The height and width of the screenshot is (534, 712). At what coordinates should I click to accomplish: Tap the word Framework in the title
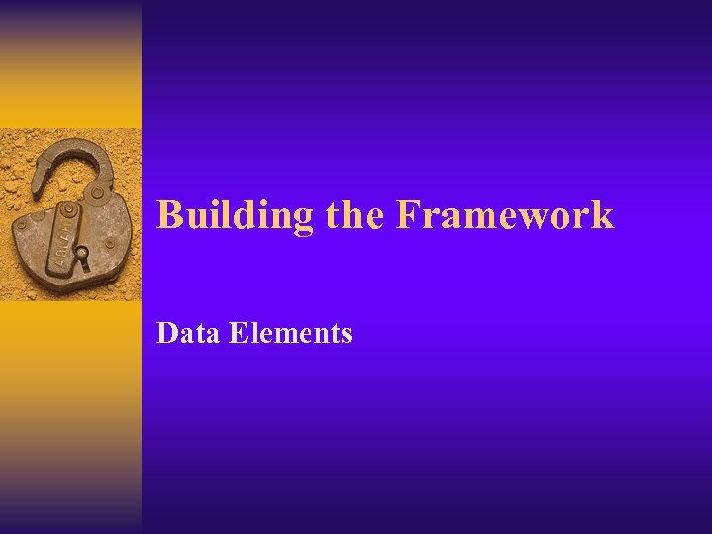[504, 215]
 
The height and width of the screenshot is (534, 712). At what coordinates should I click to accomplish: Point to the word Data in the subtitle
[188, 334]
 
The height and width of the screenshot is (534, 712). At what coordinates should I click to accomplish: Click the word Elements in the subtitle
[291, 334]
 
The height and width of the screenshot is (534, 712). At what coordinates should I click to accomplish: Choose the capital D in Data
[166, 334]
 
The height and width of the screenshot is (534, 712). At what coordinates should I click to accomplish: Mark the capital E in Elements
[236, 334]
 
